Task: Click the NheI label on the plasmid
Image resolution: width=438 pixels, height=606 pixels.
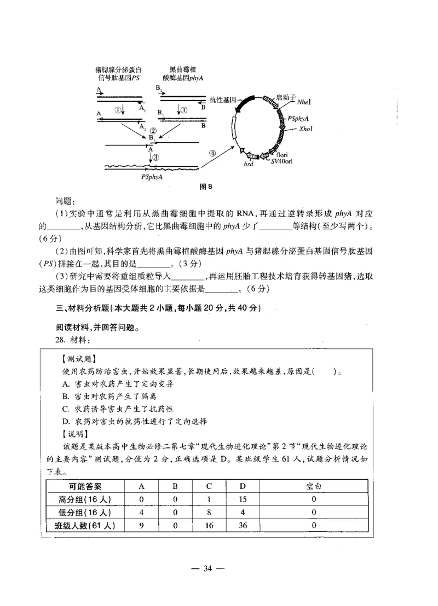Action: [x=303, y=102]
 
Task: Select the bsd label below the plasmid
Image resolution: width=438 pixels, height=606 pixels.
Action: [x=248, y=164]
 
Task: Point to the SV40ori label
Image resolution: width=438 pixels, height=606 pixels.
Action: [x=283, y=162]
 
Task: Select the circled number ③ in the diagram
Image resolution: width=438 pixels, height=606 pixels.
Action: [x=155, y=157]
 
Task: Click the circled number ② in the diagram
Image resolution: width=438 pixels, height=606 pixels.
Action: [x=154, y=131]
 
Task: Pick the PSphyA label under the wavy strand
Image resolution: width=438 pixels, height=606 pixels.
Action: [x=152, y=177]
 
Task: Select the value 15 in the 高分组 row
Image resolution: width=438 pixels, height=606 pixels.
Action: [x=243, y=499]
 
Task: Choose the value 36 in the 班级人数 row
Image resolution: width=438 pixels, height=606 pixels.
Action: [x=243, y=526]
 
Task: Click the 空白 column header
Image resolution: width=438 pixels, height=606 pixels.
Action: [x=314, y=486]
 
